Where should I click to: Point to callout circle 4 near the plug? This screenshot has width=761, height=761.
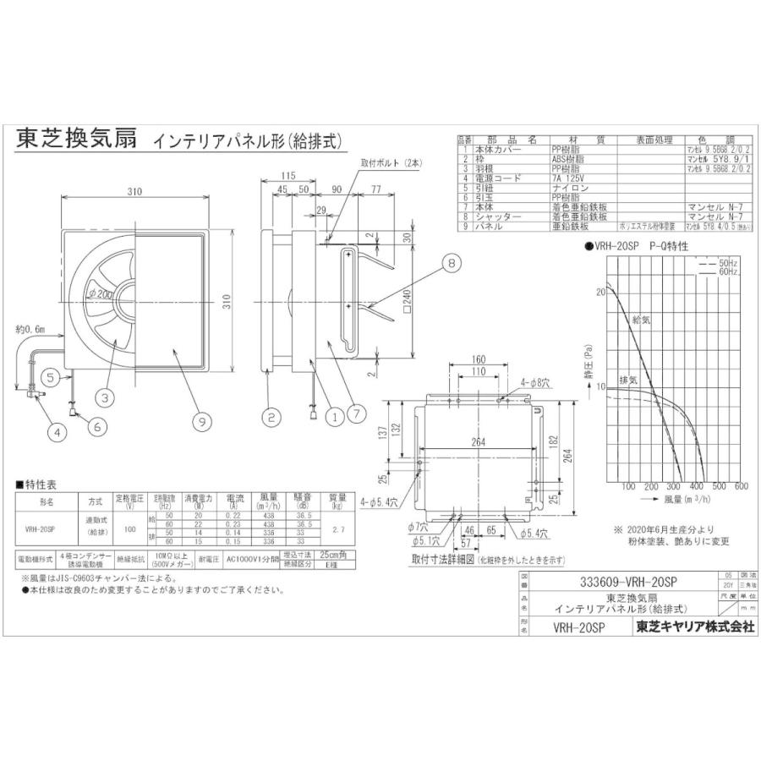(x=57, y=432)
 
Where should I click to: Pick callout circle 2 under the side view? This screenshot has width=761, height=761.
(x=271, y=415)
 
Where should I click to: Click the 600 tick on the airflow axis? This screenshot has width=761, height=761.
(x=741, y=487)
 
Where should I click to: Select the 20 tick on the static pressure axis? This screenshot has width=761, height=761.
(x=601, y=291)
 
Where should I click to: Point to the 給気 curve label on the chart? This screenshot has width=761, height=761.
(x=644, y=320)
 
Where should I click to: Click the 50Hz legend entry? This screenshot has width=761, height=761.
(x=728, y=264)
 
